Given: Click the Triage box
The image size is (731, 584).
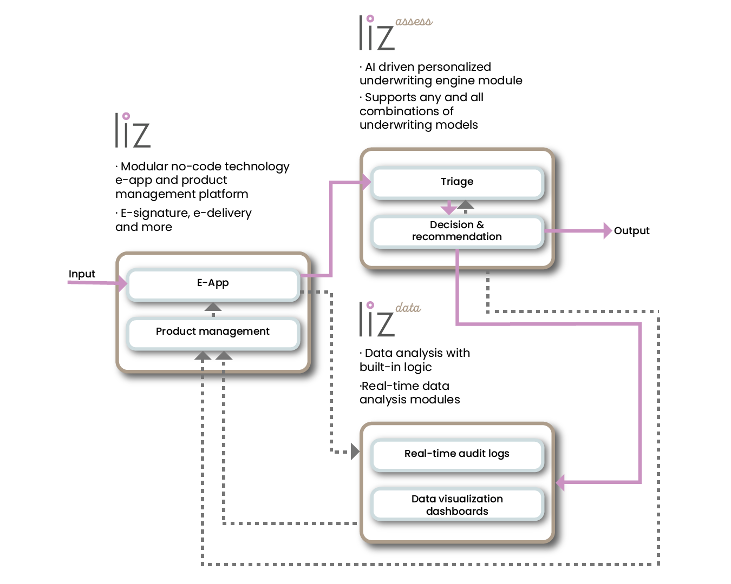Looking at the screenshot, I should tap(457, 182).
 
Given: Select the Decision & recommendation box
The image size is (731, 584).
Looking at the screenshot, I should tap(457, 231).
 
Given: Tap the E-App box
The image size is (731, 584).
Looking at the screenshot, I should tap(213, 283).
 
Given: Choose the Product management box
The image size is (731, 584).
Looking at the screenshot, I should tap(213, 331).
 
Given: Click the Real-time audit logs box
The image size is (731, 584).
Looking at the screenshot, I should tap(457, 454).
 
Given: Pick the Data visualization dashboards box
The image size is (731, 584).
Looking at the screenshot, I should tap(457, 505).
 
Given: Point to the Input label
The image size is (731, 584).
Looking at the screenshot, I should tap(82, 274).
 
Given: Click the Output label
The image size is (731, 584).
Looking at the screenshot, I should tap(631, 231).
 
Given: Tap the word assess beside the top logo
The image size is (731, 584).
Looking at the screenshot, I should tap(414, 22).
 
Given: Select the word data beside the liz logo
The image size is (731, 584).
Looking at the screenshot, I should tap(408, 308).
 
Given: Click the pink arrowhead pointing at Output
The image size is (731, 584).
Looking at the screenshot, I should tap(608, 231).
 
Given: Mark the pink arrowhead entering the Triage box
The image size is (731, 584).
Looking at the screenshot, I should tap(366, 182).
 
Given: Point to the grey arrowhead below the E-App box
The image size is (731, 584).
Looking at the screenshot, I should tap(213, 307).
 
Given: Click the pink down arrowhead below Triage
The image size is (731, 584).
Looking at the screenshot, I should tap(448, 209).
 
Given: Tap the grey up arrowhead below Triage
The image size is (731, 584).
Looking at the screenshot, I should tap(466, 205).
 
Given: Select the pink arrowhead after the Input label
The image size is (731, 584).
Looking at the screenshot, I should tap(122, 283).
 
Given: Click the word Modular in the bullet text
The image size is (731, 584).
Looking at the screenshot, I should tap(144, 167).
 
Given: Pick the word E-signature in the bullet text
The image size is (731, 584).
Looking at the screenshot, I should tap(154, 213).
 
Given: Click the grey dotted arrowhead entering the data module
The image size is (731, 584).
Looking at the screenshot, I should tap(355, 451).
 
